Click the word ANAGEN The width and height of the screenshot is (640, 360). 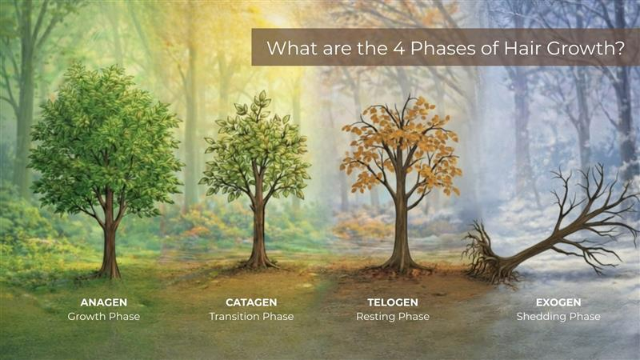104,302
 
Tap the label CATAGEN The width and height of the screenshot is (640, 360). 251,302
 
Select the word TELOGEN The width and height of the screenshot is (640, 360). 392,302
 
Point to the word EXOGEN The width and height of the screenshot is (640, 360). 558,302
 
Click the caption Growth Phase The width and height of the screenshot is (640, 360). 104,317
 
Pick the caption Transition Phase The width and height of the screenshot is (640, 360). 251,317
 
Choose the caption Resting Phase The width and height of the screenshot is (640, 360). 392,317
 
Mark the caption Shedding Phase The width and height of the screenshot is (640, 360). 558,317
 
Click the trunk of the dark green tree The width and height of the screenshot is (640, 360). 109,240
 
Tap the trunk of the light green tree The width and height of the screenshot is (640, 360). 258,232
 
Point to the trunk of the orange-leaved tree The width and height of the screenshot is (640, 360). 399,232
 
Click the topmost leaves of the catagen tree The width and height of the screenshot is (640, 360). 260,99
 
